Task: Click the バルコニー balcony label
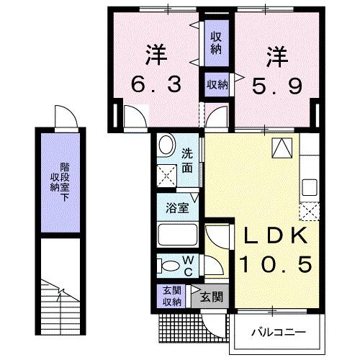(x=278, y=333)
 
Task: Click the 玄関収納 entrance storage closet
(x=171, y=296)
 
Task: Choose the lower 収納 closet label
(x=217, y=84)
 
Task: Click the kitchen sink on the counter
(x=310, y=187)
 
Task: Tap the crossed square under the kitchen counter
(x=310, y=212)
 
